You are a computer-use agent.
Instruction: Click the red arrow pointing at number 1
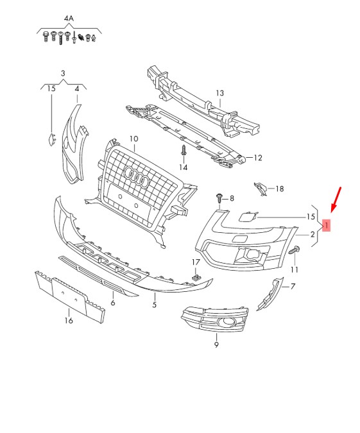[336, 200]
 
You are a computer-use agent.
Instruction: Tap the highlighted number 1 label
[326, 226]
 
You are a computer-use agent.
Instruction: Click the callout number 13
[220, 93]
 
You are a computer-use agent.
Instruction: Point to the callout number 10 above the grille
[133, 139]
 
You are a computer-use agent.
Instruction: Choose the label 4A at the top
[69, 19]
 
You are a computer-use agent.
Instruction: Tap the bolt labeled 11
[294, 250]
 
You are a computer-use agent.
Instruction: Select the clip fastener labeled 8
[219, 198]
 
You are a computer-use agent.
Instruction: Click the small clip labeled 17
[196, 277]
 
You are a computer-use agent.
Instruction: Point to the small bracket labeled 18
[261, 189]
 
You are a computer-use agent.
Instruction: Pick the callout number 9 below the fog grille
[216, 344]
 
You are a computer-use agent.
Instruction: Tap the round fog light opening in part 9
[227, 321]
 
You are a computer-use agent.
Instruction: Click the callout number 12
[258, 158]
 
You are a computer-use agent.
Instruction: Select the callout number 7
[293, 286]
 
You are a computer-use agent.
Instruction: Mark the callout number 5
[155, 305]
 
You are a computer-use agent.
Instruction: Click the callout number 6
[113, 303]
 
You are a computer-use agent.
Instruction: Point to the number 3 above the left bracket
[63, 74]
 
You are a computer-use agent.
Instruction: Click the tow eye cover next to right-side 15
[248, 216]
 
